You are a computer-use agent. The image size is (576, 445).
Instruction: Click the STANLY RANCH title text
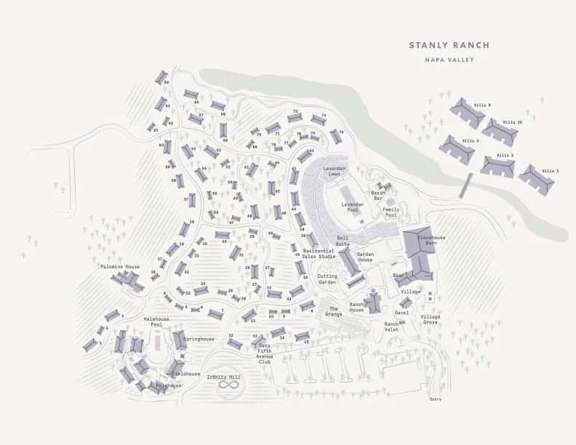pyautogui.click(x=449, y=45)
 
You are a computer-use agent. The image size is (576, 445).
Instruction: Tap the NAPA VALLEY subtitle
pyautogui.click(x=449, y=60)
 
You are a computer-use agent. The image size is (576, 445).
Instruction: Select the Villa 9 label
pyautogui.click(x=482, y=105)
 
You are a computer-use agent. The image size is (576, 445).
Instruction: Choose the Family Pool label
pyautogui.click(x=391, y=213)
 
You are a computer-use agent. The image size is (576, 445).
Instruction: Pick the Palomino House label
pyautogui.click(x=120, y=267)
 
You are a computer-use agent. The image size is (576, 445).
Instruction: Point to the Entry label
pyautogui.click(x=435, y=399)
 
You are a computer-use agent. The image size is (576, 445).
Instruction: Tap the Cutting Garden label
pyautogui.click(x=327, y=279)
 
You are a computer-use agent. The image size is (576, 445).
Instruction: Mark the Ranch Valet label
pyautogui.click(x=392, y=326)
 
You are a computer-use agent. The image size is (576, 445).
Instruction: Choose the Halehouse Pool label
pyautogui.click(x=156, y=322)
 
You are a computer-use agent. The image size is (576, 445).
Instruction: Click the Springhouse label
pyautogui.click(x=199, y=339)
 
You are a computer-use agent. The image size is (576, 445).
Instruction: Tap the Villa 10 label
pyautogui.click(x=513, y=122)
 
